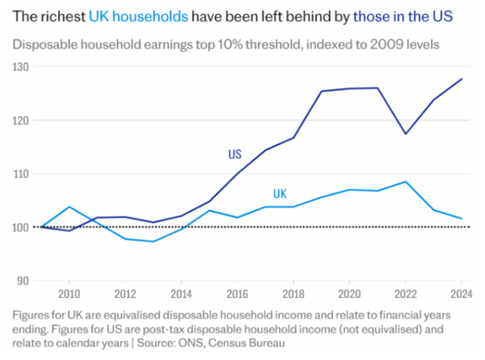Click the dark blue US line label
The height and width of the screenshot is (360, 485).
pyautogui.click(x=235, y=154)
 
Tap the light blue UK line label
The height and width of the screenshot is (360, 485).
pyautogui.click(x=279, y=193)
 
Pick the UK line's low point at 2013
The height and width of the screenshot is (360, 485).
pyautogui.click(x=153, y=241)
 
